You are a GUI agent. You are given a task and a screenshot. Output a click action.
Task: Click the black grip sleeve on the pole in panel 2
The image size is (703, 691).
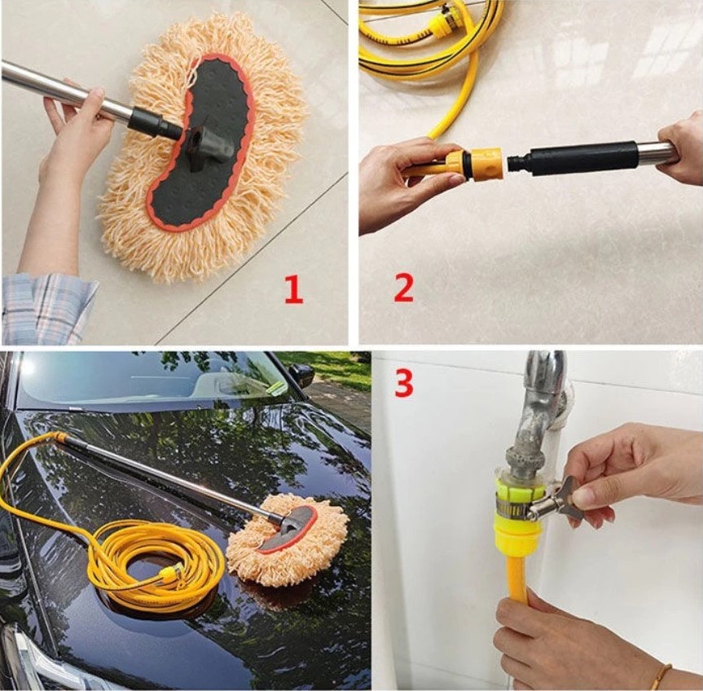pos(582,157)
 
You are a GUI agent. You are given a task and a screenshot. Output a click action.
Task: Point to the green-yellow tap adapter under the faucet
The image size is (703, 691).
pos(516,516)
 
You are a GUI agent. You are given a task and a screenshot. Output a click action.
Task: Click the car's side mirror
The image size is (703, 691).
pos(300,374)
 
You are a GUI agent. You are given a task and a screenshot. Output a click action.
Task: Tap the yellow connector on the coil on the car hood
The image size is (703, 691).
pos(169,574)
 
